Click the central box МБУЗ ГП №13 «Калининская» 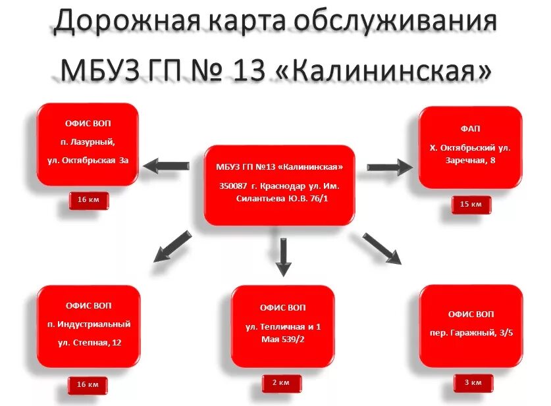click(x=279, y=185)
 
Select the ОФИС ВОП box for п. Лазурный click(x=88, y=144)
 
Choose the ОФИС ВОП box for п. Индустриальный click(x=89, y=326)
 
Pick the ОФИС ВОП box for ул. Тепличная click(x=283, y=326)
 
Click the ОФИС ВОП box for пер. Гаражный click(x=470, y=326)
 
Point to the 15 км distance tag click(x=470, y=205)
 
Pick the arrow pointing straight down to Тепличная click(x=282, y=257)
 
